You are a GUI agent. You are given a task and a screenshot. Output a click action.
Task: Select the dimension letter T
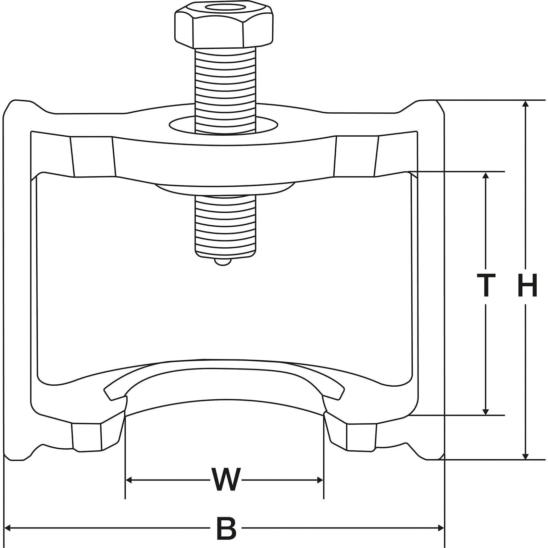[486, 285]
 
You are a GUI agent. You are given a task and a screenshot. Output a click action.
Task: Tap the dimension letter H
[527, 285]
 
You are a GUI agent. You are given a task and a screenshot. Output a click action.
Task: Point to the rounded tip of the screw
[223, 262]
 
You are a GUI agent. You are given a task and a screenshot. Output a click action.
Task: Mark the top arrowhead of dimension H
[525, 103]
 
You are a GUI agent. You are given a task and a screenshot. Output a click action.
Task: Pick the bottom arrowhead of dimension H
[525, 457]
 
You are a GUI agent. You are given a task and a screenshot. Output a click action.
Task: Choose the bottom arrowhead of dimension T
[485, 412]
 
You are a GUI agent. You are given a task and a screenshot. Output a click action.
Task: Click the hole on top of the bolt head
[223, 8]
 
